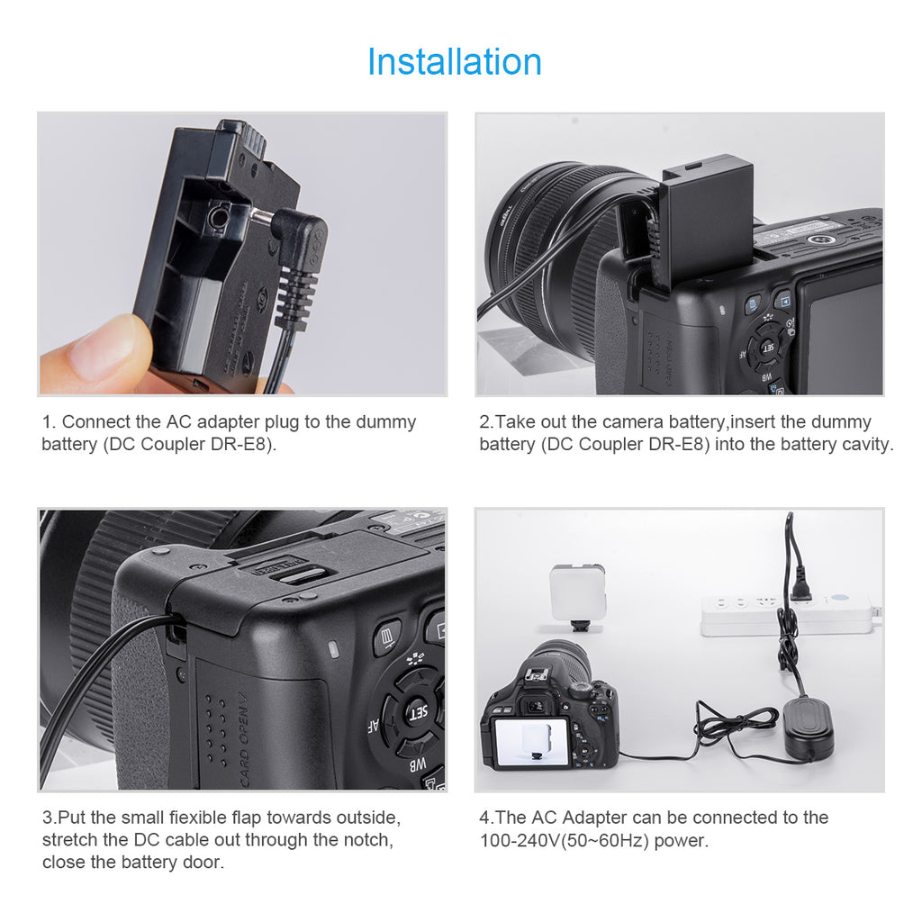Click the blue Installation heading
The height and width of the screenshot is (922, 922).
click(455, 62)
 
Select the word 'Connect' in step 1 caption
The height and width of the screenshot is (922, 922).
click(96, 421)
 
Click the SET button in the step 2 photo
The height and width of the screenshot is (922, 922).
click(768, 348)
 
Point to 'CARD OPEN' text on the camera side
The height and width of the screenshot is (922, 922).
click(244, 741)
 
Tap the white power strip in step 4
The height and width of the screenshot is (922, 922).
click(788, 615)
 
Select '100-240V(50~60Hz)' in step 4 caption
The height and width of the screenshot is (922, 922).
click(564, 840)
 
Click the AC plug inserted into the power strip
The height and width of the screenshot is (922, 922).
click(799, 583)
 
